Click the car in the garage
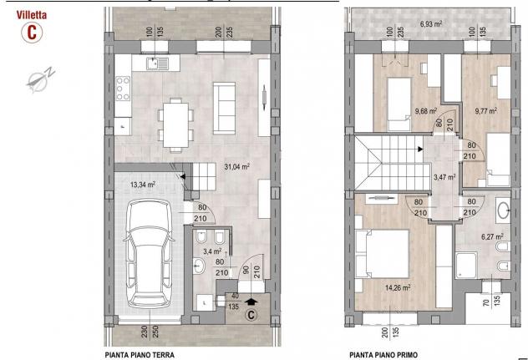point(149,253)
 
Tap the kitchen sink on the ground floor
point(157,63)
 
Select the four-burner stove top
point(123,89)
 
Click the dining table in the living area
point(175,125)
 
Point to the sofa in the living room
point(224,108)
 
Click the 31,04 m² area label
point(236,166)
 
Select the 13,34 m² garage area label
point(142,185)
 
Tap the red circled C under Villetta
point(32,33)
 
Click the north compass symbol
point(40,79)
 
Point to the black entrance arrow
point(251,301)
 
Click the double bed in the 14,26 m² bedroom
point(382,254)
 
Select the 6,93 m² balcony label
point(431,24)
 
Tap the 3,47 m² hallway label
point(444,177)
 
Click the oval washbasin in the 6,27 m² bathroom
point(503,210)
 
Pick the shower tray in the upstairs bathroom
point(466,265)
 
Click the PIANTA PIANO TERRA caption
point(140,355)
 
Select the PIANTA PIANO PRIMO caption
point(383,355)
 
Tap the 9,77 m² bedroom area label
point(486,111)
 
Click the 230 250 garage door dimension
point(150,332)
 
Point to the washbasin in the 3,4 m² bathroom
point(198,266)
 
